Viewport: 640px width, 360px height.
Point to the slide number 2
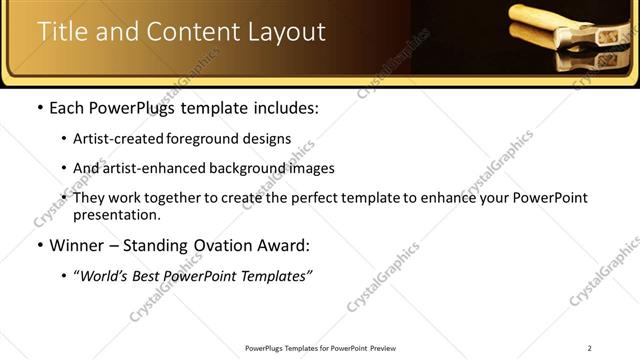point(590,348)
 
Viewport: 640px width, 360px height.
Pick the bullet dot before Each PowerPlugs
point(38,108)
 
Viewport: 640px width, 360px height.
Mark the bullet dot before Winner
point(38,246)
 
